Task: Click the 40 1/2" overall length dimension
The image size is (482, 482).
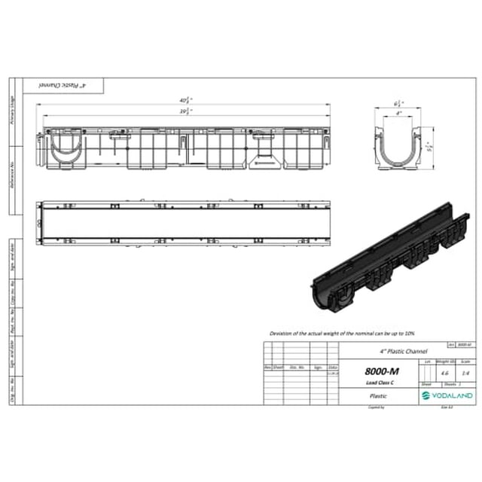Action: pos(185,99)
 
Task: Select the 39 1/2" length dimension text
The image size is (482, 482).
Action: pos(185,111)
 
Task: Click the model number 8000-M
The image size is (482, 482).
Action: pos(382,371)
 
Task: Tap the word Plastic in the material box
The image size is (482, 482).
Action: pos(378,395)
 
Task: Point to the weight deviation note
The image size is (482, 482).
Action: pos(342,332)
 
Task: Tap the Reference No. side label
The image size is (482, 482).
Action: pos(13,179)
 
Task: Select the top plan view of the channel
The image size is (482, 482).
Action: pos(185,223)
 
